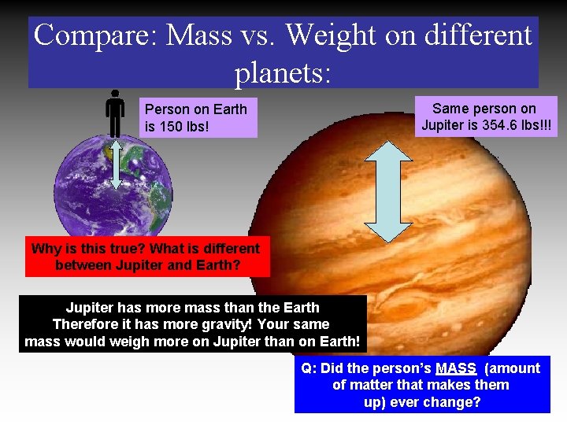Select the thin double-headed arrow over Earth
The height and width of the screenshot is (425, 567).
coord(116,165)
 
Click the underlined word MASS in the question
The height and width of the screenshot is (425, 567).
coord(456,368)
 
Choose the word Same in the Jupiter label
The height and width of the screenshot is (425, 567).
coord(450,109)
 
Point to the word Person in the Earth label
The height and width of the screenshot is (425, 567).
coord(165,109)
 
